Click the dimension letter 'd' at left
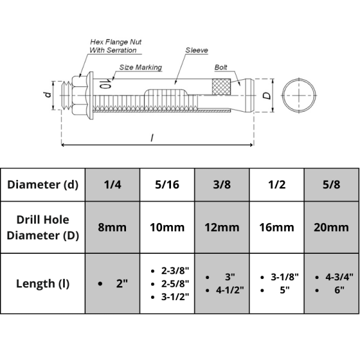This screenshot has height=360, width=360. pyautogui.click(x=46, y=94)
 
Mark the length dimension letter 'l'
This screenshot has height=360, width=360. pyautogui.click(x=152, y=137)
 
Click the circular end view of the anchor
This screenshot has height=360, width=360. pyautogui.click(x=298, y=95)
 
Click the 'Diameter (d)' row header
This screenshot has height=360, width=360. pyautogui.click(x=43, y=185)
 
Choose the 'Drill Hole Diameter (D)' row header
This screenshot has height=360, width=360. pyautogui.click(x=43, y=227)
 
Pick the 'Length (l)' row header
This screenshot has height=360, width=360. pyautogui.click(x=43, y=283)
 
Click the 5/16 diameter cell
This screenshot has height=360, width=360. pyautogui.click(x=167, y=185)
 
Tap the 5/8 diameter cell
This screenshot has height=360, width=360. pyautogui.click(x=331, y=185)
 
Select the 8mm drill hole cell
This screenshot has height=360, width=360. pyautogui.click(x=113, y=227)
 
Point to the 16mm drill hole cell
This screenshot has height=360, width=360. pyautogui.click(x=277, y=227)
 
